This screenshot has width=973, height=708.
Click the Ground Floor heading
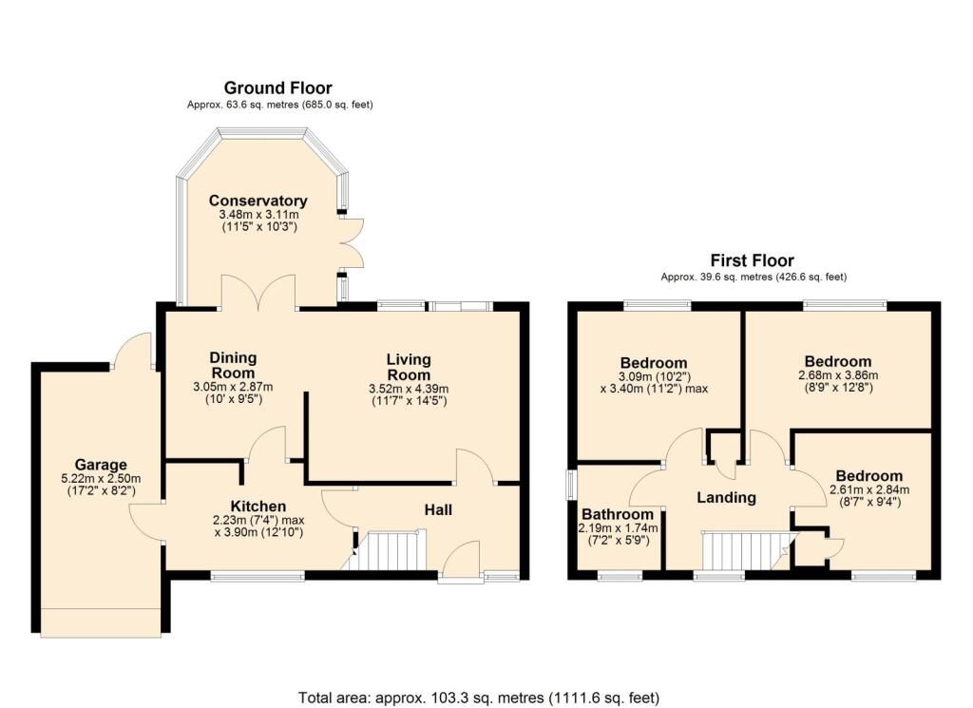pos(278,88)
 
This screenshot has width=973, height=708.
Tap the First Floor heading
pos(753,260)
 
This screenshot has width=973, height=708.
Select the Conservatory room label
pos(258,201)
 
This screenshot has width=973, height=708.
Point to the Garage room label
pos(101,465)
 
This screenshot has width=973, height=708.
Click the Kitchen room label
pos(258,507)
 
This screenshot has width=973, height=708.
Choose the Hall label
pos(438,510)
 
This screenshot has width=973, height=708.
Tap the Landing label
pos(726,498)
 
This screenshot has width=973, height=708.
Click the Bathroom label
pos(618,514)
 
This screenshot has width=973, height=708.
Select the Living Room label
pos(409,368)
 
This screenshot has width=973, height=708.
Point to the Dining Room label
pos(233,366)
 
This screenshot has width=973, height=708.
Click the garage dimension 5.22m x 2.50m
pos(101,479)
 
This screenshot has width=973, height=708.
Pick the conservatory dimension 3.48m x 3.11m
pos(258,215)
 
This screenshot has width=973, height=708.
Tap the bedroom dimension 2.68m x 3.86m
pos(838,375)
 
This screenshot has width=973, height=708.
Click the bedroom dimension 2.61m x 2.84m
pos(869,489)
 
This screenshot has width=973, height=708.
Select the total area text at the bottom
pos(479,698)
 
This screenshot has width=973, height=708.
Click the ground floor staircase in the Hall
pos(389,550)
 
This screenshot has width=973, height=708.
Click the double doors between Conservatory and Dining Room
pos(258,293)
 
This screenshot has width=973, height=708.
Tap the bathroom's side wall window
pos(571,484)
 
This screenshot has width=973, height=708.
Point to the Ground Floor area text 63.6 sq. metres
pos(280,105)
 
